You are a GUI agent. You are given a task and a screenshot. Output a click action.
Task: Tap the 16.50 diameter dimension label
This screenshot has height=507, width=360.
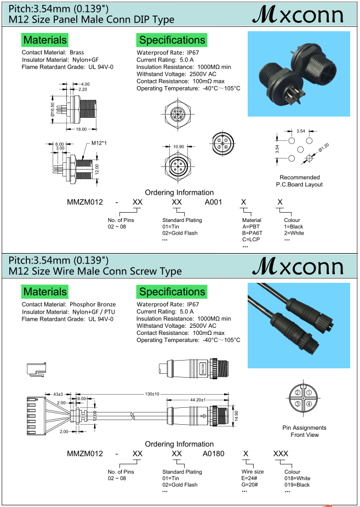(53, 110)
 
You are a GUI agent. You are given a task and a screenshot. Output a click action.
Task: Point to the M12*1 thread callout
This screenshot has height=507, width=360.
(99, 144)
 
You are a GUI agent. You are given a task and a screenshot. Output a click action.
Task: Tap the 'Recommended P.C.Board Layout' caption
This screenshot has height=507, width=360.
(299, 181)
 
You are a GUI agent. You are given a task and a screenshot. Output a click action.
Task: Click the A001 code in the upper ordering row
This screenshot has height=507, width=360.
(213, 202)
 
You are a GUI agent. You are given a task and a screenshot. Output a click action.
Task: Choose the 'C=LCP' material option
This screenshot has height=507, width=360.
(252, 240)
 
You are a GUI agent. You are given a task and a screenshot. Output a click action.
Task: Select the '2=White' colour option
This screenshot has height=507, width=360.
(294, 233)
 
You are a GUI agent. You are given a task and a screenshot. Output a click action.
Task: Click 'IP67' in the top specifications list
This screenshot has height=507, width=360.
(193, 53)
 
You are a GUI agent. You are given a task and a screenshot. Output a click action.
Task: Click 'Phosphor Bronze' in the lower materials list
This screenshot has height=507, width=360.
(93, 304)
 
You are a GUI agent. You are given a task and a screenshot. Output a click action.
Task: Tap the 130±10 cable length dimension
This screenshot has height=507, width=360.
(152, 394)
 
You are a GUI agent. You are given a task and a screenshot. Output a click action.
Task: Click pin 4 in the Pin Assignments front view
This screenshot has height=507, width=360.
(309, 404)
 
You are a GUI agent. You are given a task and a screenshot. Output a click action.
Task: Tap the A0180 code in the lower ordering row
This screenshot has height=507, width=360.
(214, 454)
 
